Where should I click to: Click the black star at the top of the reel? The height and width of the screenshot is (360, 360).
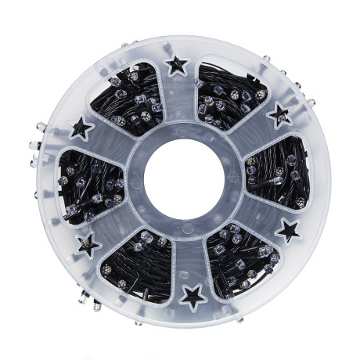pos(178,65)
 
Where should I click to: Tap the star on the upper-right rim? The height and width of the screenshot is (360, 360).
pos(279,117)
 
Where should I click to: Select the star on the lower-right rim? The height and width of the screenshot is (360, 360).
pos(288,230)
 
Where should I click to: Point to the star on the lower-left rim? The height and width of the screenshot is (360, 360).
pos(88,244)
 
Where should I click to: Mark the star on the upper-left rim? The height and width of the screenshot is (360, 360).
pos(81,127)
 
